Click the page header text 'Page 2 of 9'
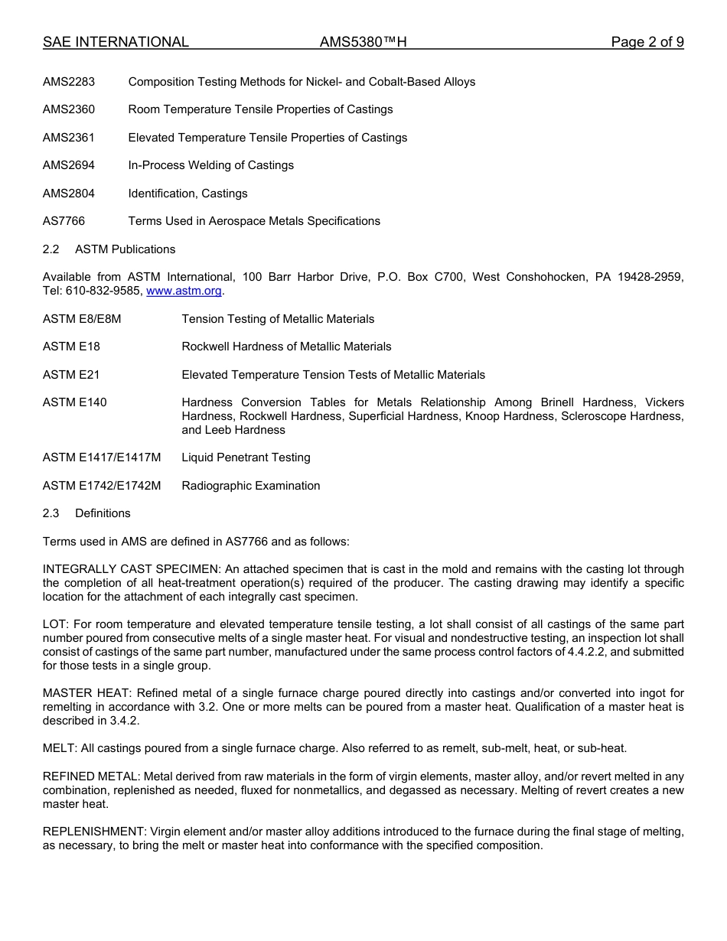647,42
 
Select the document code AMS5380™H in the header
363,42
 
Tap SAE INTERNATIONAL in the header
116,42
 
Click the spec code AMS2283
69,82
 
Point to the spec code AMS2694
69,165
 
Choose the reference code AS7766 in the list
64,221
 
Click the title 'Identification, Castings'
187,194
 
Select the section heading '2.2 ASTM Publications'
109,249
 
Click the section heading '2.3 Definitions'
86,513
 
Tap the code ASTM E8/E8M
82,319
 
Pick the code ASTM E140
75,402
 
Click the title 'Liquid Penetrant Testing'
246,457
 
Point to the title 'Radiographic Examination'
250,486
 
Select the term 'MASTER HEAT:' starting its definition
80,693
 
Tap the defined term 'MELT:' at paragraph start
58,748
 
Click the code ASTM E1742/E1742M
102,486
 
